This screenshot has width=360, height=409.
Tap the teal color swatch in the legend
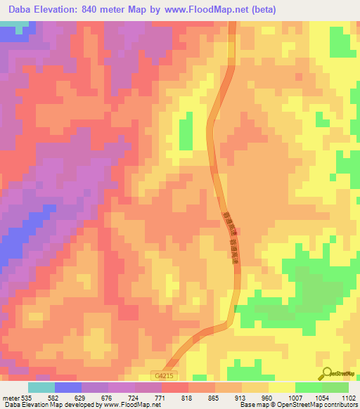(x=41, y=387)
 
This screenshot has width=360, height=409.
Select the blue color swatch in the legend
(x=68, y=387)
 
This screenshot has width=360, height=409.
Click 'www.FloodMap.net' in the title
(x=205, y=10)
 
